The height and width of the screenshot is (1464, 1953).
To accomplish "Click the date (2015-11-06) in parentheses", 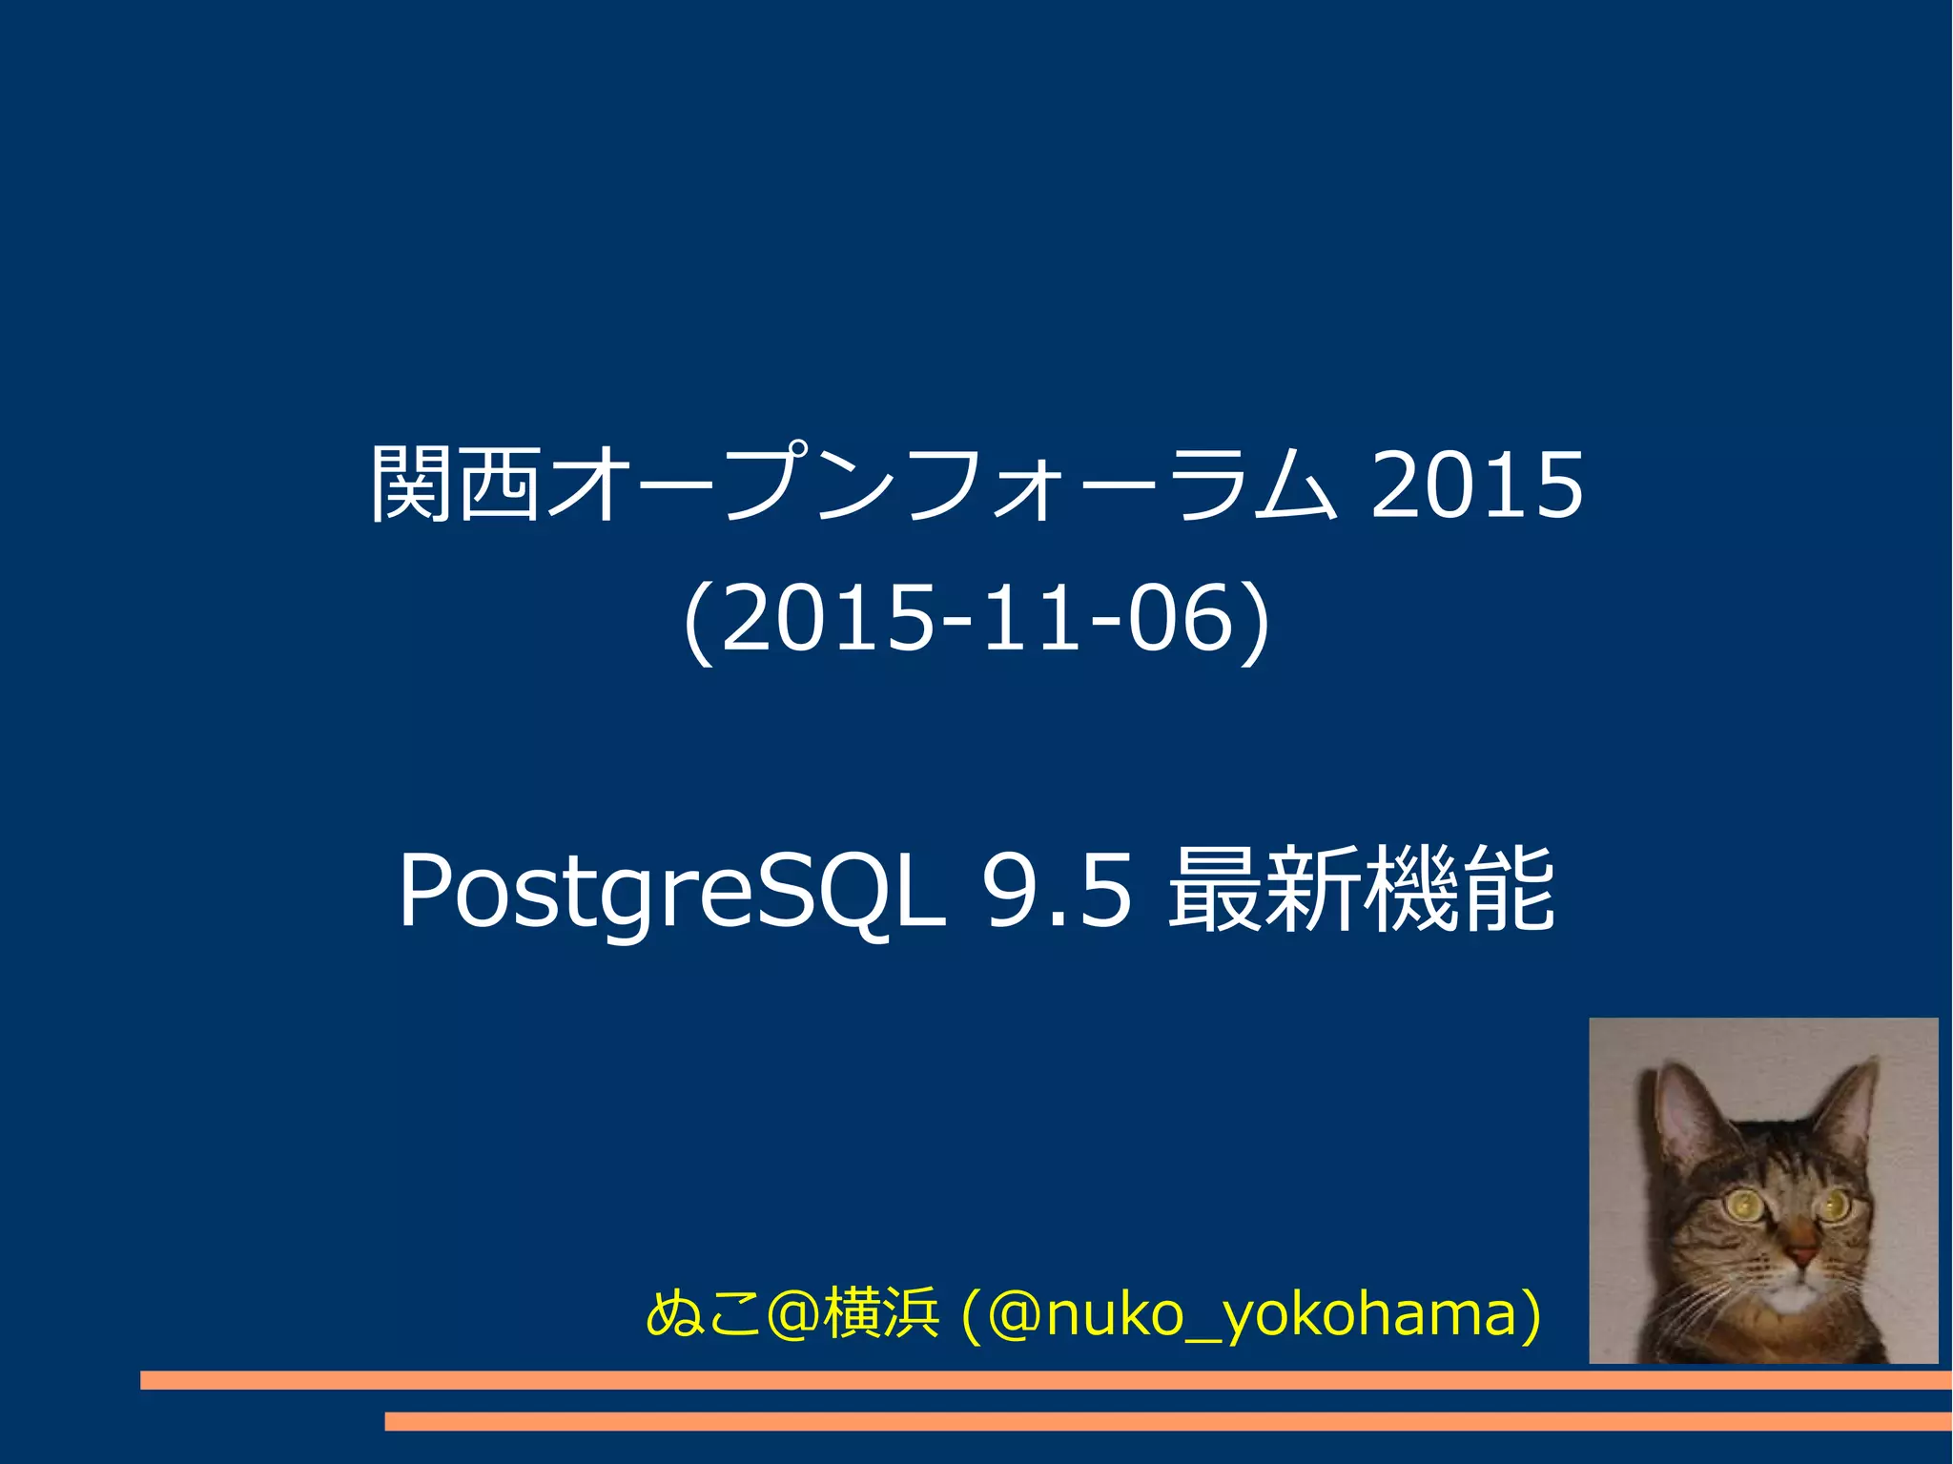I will click(976, 620).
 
